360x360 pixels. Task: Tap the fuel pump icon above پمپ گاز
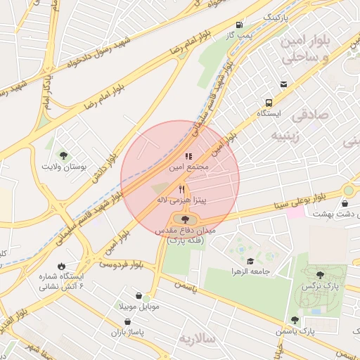point(241,24)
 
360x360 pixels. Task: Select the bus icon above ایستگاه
point(269,102)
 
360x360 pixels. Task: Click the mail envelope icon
point(283,84)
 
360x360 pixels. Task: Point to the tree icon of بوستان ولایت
point(64,155)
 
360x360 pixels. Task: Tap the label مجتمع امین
point(188,169)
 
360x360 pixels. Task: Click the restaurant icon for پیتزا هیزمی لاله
point(181,189)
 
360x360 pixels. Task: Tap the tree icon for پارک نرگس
point(321,276)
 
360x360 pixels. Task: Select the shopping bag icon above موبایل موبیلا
point(138,295)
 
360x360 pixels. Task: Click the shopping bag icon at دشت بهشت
point(344,204)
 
